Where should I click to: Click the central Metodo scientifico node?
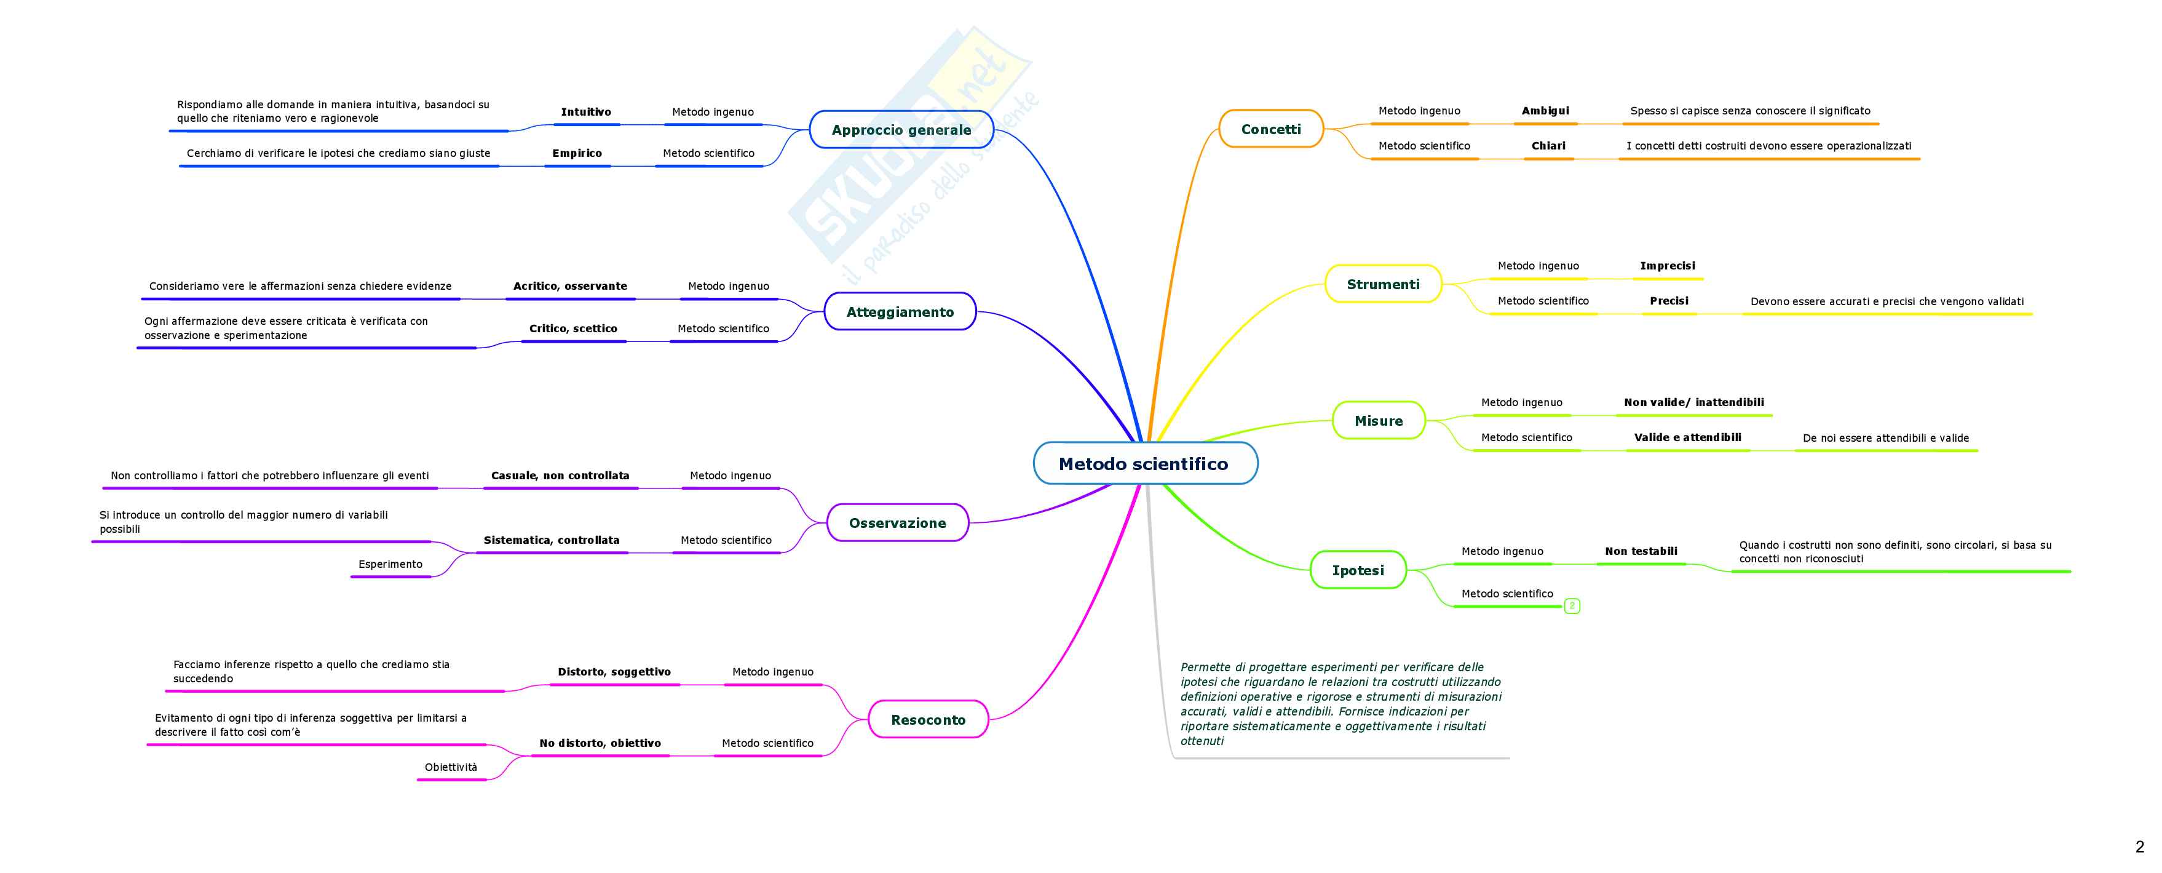pyautogui.click(x=1144, y=463)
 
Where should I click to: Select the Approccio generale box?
pyautogui.click(x=901, y=129)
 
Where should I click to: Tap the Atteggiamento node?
pyautogui.click(x=900, y=311)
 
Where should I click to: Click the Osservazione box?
pyautogui.click(x=897, y=523)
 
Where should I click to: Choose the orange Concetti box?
pyautogui.click(x=1270, y=129)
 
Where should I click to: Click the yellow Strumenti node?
pyautogui.click(x=1383, y=284)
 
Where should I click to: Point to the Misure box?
pyautogui.click(x=1378, y=421)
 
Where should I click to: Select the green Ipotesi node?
pyautogui.click(x=1358, y=570)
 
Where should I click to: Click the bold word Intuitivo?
pyautogui.click(x=586, y=111)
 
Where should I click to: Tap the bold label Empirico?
pyautogui.click(x=577, y=153)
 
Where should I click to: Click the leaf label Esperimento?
pyautogui.click(x=390, y=564)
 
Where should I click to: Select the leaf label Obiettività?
pyautogui.click(x=451, y=767)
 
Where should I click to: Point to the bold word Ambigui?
pyautogui.click(x=1545, y=111)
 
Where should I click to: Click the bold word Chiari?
pyautogui.click(x=1548, y=146)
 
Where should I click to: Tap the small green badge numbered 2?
pyautogui.click(x=1572, y=605)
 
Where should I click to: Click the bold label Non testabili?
pyautogui.click(x=1641, y=551)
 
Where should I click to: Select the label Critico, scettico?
pyautogui.click(x=573, y=328)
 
